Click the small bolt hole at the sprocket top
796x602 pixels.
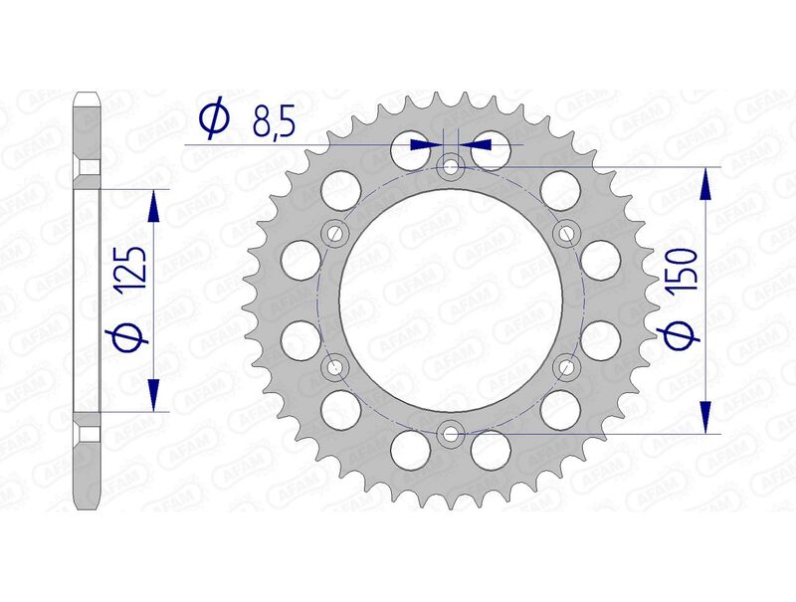click(451, 167)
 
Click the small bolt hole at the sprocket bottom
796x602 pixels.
click(451, 433)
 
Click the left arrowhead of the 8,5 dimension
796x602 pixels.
click(429, 144)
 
